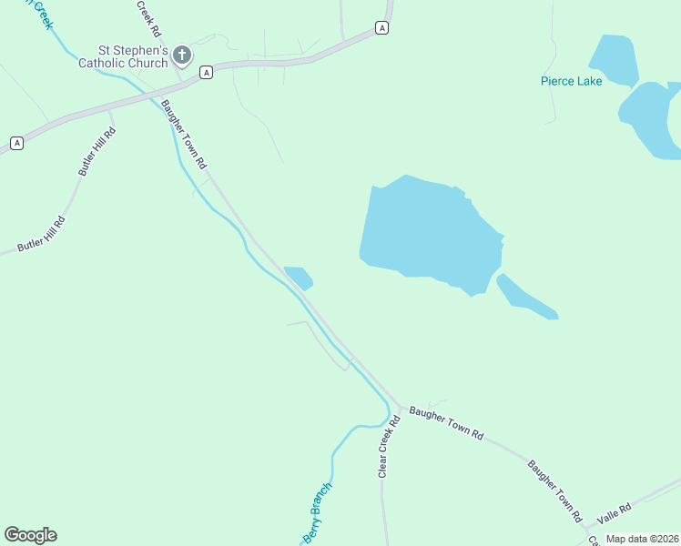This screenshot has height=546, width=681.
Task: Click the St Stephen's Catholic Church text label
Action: click(123, 56)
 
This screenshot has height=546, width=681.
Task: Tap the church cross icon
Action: click(182, 56)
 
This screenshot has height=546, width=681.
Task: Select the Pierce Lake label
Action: click(571, 81)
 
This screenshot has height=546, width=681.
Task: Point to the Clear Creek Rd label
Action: click(390, 447)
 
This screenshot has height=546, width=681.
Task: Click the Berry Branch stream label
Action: click(317, 514)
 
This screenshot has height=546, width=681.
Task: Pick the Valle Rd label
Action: click(614, 514)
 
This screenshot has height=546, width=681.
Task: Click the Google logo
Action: click(30, 535)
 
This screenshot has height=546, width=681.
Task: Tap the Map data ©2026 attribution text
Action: click(642, 539)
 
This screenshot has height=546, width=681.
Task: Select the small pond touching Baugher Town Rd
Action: click(299, 277)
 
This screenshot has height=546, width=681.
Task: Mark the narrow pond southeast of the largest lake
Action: click(525, 297)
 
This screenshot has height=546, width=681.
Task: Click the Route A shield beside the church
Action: click(207, 72)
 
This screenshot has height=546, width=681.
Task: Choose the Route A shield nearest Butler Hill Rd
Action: click(16, 143)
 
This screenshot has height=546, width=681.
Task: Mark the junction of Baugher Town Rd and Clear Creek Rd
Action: click(400, 406)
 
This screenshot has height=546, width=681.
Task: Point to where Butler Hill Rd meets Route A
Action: click(108, 110)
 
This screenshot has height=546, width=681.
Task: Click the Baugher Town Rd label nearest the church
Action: click(185, 133)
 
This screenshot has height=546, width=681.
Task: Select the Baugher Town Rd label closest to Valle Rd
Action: click(554, 490)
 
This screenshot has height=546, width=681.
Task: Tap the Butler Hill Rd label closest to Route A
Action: click(97, 150)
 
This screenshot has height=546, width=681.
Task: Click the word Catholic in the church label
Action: click(123, 64)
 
